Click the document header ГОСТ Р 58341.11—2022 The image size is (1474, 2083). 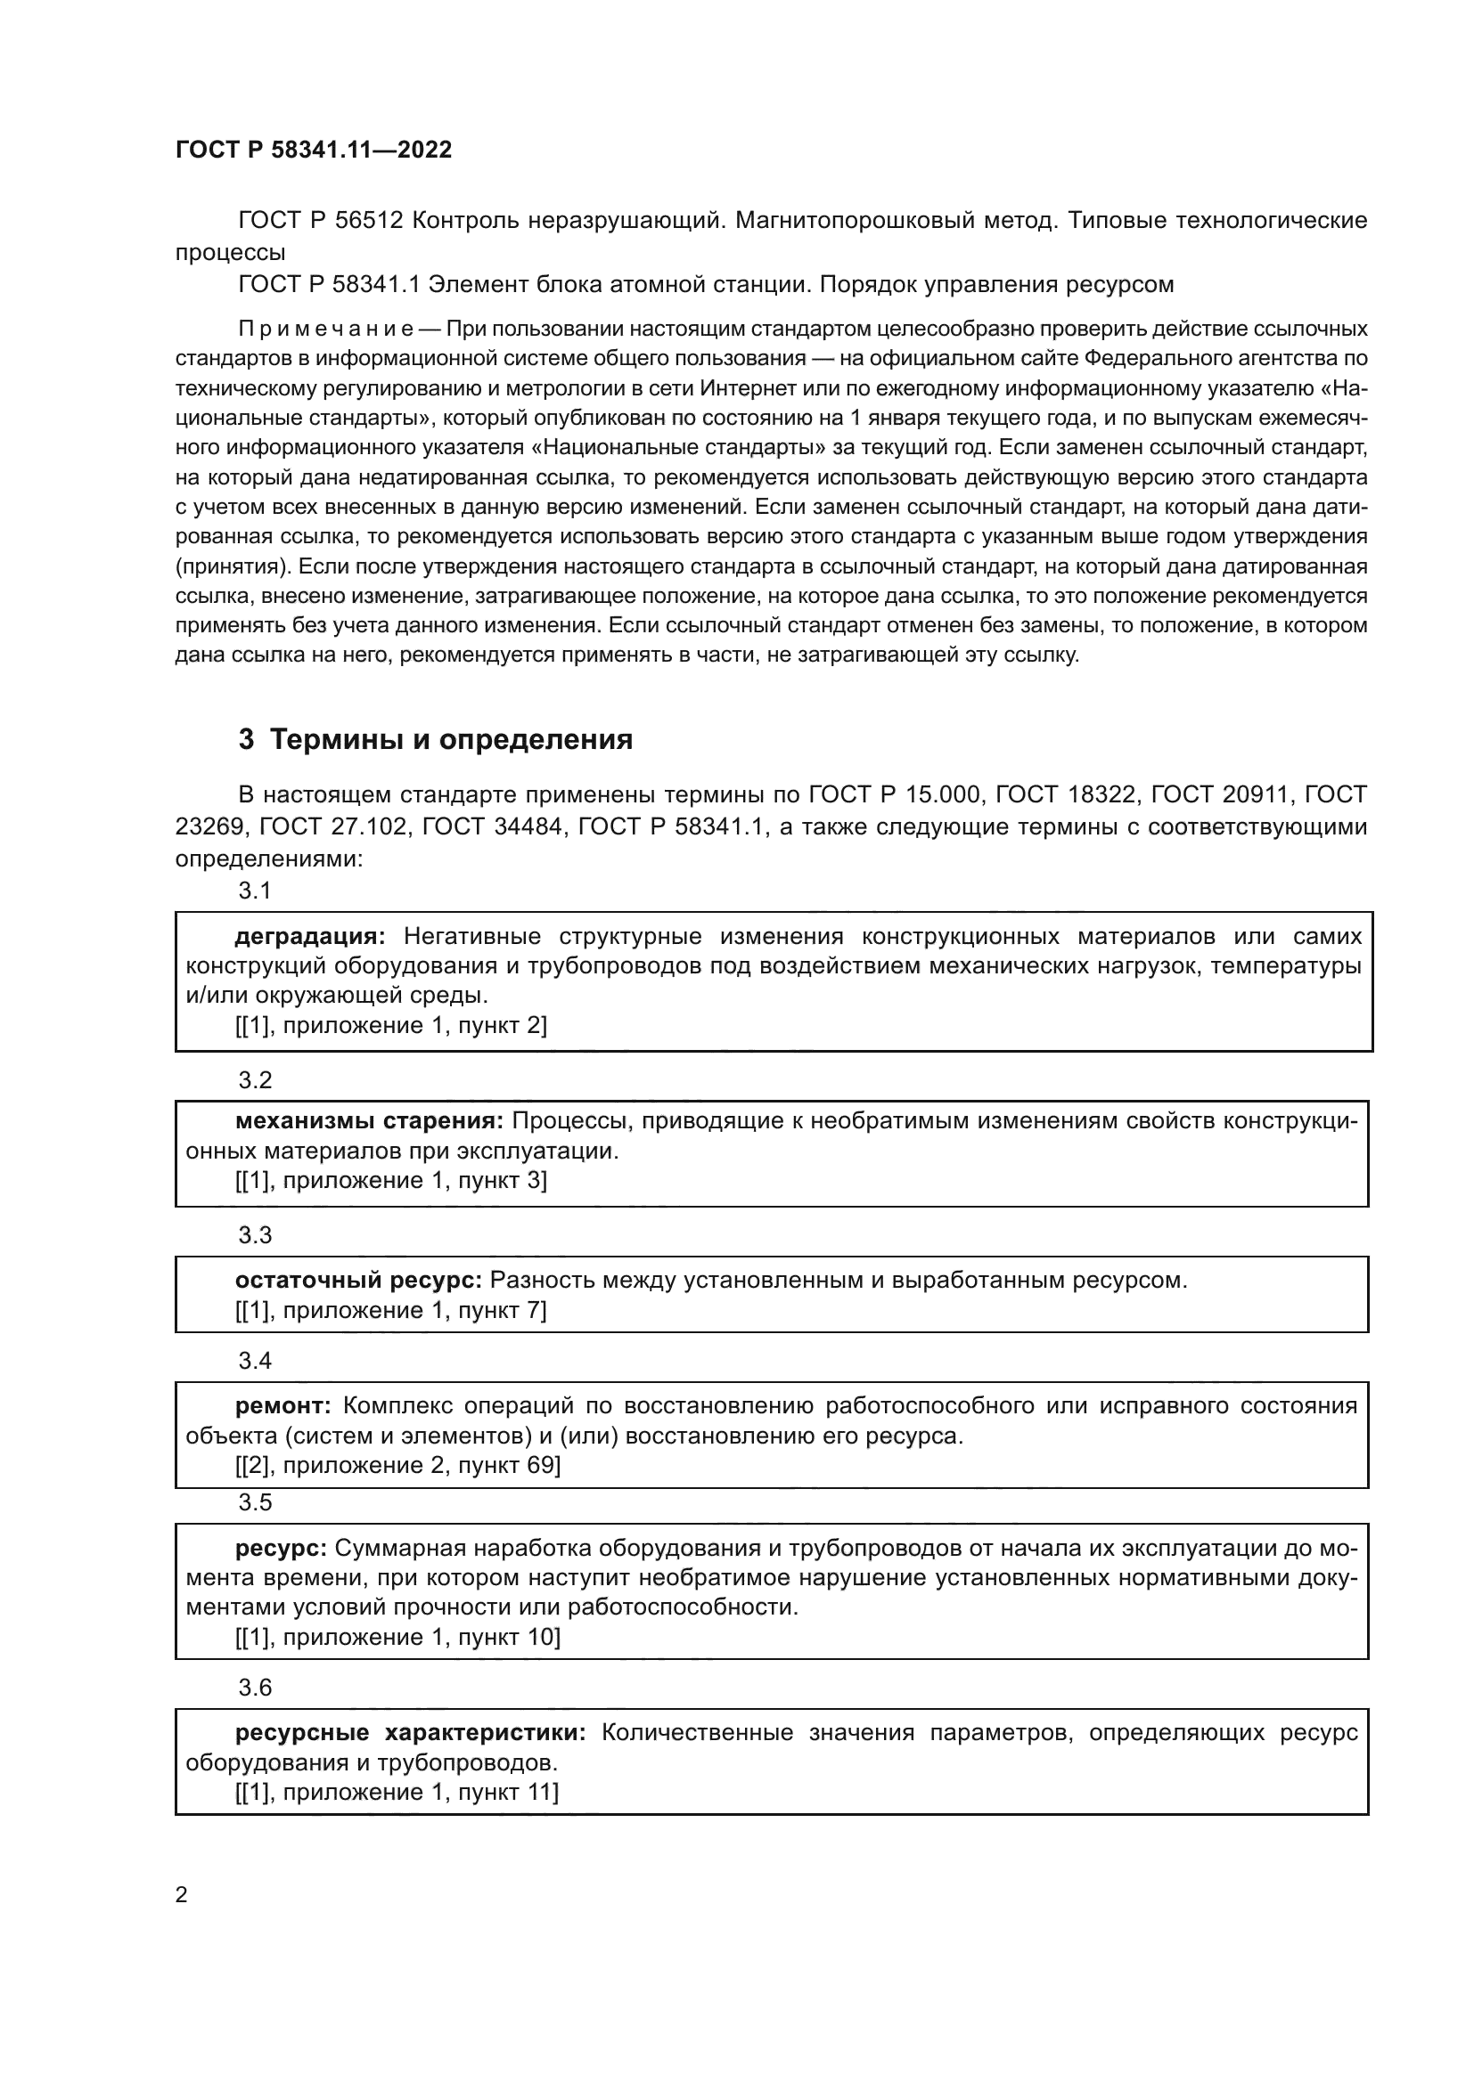click(x=313, y=151)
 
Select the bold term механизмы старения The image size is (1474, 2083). click(x=370, y=1121)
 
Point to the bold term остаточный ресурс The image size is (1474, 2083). click(x=358, y=1280)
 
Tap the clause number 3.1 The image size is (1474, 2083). click(x=255, y=891)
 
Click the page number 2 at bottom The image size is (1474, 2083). click(x=182, y=1894)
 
